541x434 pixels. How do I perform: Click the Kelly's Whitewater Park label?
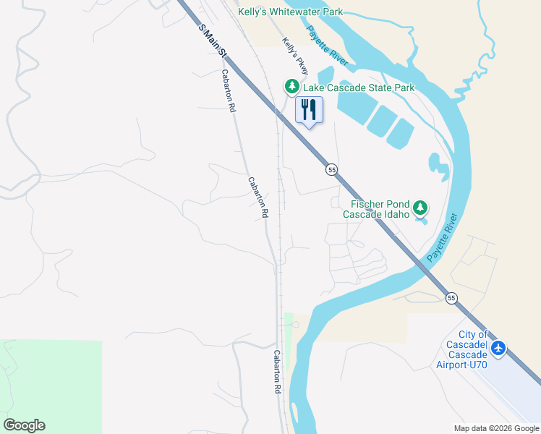click(x=290, y=12)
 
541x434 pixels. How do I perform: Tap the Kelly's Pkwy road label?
click(x=295, y=56)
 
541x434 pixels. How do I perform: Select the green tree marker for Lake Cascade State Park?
click(x=291, y=88)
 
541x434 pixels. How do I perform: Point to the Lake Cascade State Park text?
click(x=359, y=88)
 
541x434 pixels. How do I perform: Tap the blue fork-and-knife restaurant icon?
click(x=309, y=110)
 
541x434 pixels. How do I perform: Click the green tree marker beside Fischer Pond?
click(x=420, y=209)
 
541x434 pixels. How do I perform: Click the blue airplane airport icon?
click(x=498, y=349)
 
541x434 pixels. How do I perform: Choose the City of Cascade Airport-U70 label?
click(x=463, y=349)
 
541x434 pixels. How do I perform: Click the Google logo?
click(x=24, y=425)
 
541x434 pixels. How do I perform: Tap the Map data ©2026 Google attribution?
click(x=497, y=428)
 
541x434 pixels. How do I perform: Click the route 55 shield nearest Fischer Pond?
click(x=331, y=169)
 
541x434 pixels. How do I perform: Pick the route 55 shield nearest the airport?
click(x=451, y=298)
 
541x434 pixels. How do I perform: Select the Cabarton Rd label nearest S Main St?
click(x=229, y=90)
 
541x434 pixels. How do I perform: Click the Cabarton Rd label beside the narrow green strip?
click(x=277, y=372)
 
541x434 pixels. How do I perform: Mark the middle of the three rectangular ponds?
click(x=381, y=122)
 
